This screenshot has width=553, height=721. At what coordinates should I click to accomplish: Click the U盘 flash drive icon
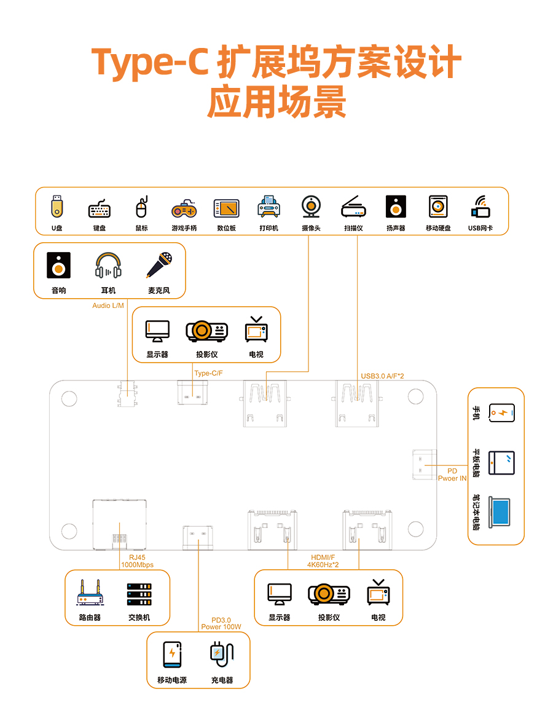pos(57,207)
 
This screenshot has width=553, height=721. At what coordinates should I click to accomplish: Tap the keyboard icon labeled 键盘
pos(100,209)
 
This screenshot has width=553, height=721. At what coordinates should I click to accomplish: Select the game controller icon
pos(184,209)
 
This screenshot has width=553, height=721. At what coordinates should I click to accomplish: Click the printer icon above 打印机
pos(269,207)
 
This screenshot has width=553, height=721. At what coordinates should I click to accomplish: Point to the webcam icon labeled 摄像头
pos(311,207)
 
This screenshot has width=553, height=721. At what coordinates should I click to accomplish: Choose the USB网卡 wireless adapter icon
pos(480,207)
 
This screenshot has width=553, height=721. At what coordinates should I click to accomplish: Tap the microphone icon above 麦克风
pos(158,265)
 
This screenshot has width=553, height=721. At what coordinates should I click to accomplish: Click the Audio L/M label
pos(108,305)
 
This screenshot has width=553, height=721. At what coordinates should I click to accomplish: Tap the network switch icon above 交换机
pos(139,594)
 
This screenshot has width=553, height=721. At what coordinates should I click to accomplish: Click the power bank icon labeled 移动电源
pos(172,655)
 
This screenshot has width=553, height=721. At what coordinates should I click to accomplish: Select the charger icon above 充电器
pos(221,654)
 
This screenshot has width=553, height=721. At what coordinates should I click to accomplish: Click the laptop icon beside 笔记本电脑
pos(501,511)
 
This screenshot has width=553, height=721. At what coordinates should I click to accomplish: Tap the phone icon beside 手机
pos(501,413)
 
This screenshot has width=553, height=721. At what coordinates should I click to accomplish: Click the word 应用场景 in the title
pos(276,102)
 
